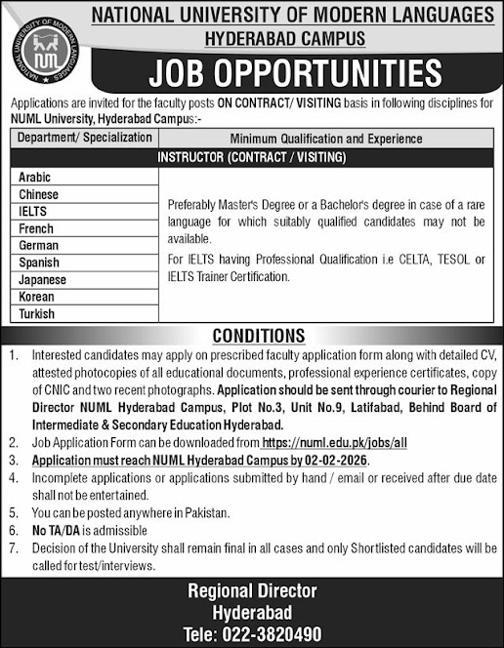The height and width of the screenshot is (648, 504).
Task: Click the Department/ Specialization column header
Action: (85, 140)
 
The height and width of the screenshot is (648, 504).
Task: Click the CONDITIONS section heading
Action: (253, 336)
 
